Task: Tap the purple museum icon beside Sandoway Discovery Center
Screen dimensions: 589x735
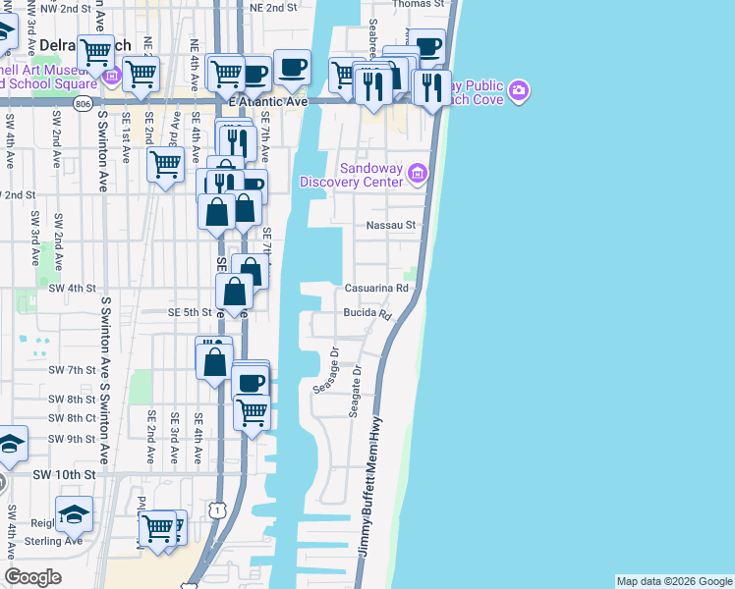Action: [x=417, y=174]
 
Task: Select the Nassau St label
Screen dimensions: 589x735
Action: [x=391, y=225]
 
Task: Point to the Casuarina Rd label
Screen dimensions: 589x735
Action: [x=375, y=289]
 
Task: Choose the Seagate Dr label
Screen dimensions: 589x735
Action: [x=355, y=391]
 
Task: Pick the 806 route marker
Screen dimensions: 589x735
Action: [x=84, y=102]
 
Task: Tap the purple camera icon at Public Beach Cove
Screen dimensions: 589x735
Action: [x=518, y=92]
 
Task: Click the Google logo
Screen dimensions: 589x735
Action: [x=33, y=577]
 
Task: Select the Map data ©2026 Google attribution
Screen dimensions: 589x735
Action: [x=674, y=581]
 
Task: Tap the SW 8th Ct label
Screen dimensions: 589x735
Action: [x=72, y=418]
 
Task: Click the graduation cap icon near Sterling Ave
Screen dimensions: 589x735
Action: [x=74, y=513]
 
